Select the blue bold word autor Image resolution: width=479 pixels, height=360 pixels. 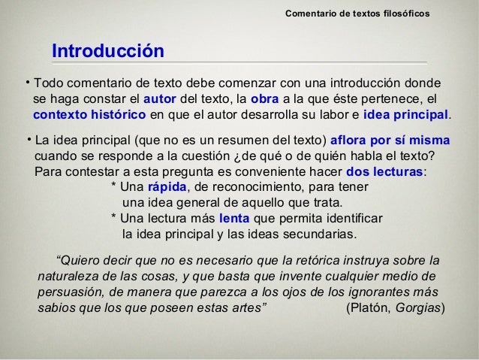tap(159, 98)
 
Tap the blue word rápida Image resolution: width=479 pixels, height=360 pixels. tap(167, 187)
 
